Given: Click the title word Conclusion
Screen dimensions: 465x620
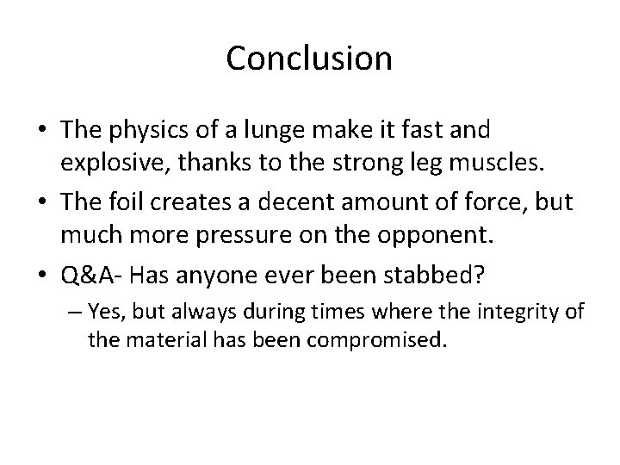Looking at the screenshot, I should pyautogui.click(x=309, y=59).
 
